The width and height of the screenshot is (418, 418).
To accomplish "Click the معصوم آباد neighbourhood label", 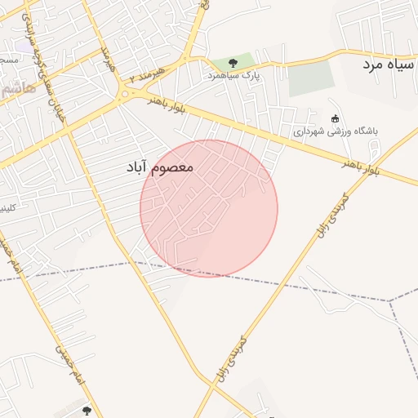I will point(159,167).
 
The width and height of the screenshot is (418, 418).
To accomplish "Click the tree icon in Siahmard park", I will point(233,63).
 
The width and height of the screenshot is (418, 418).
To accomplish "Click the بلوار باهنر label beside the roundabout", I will point(168,103).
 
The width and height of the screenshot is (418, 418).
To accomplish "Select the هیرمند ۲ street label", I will point(147,76).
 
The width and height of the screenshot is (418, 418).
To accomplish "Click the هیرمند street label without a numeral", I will point(105,60).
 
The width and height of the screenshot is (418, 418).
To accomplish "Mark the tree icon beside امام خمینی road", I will point(87,410).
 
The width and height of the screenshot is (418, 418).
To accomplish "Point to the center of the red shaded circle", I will point(209,208).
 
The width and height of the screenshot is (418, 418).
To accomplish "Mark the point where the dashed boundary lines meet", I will point(390,300).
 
